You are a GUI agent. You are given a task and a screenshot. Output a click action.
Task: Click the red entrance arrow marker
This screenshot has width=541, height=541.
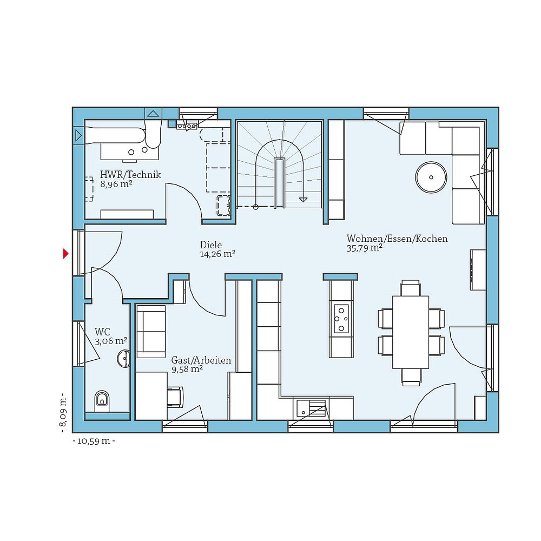point(66,253)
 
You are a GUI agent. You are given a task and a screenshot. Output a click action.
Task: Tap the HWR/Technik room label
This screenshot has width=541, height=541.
point(130,175)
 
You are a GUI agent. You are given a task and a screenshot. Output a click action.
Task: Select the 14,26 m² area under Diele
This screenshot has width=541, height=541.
point(217,254)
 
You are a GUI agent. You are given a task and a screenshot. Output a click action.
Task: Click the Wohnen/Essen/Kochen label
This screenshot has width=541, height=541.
point(397,239)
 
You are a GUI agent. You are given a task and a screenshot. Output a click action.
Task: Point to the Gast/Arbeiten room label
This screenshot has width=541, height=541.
point(201,360)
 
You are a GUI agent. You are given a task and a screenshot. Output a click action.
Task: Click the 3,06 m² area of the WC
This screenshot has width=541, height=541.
point(111,341)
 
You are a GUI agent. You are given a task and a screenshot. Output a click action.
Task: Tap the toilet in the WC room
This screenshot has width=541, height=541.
point(102,400)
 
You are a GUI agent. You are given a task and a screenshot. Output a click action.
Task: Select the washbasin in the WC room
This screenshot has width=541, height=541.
point(124,358)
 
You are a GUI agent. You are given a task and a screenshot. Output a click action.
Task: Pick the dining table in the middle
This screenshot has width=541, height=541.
point(411,332)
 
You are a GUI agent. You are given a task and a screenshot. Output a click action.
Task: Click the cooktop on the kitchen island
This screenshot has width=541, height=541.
point(341,319)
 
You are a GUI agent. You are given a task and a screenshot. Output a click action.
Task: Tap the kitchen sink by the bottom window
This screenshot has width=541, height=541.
point(310,407)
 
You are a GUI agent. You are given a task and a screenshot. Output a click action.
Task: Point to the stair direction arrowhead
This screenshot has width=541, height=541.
point(303,199)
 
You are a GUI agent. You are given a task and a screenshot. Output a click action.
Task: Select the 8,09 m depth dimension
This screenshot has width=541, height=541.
point(63,412)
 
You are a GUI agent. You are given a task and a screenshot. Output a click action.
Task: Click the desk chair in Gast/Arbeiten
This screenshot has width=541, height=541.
point(175,397)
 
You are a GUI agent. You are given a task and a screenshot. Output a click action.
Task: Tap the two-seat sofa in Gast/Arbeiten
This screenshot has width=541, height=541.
point(151,331)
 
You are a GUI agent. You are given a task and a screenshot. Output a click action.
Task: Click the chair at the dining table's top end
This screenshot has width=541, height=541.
point(411,287)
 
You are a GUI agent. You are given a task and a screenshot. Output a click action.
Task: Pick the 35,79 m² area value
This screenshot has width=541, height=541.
point(365,248)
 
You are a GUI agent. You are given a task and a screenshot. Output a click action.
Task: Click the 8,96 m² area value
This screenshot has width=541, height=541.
point(116,184)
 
